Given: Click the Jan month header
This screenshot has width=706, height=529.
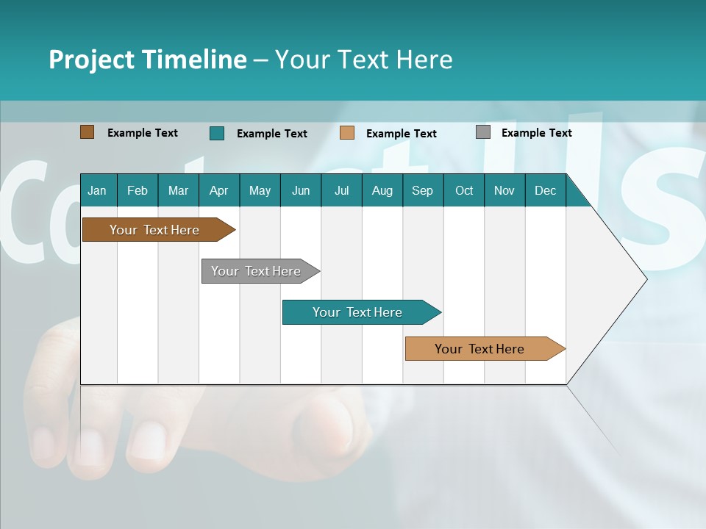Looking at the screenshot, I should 97,190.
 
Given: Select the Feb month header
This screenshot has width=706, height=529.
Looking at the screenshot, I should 138,190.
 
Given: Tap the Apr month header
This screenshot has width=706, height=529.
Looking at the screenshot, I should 218,190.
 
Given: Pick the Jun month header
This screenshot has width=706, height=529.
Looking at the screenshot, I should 301,190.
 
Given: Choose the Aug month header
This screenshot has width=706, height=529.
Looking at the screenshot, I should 382,190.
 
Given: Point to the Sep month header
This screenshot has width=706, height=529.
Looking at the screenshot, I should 422,190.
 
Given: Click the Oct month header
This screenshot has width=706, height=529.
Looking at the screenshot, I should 464,190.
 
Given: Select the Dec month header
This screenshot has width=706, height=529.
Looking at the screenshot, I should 545,190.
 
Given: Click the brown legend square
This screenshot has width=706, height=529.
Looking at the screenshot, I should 88,132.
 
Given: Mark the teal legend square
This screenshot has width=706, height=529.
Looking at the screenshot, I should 217,133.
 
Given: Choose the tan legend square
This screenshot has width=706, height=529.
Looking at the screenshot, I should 347,133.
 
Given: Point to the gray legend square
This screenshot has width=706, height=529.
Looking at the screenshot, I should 483,132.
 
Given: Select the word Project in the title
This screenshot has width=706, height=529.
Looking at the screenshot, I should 90,60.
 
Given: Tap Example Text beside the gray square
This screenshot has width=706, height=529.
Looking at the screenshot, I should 536,133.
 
